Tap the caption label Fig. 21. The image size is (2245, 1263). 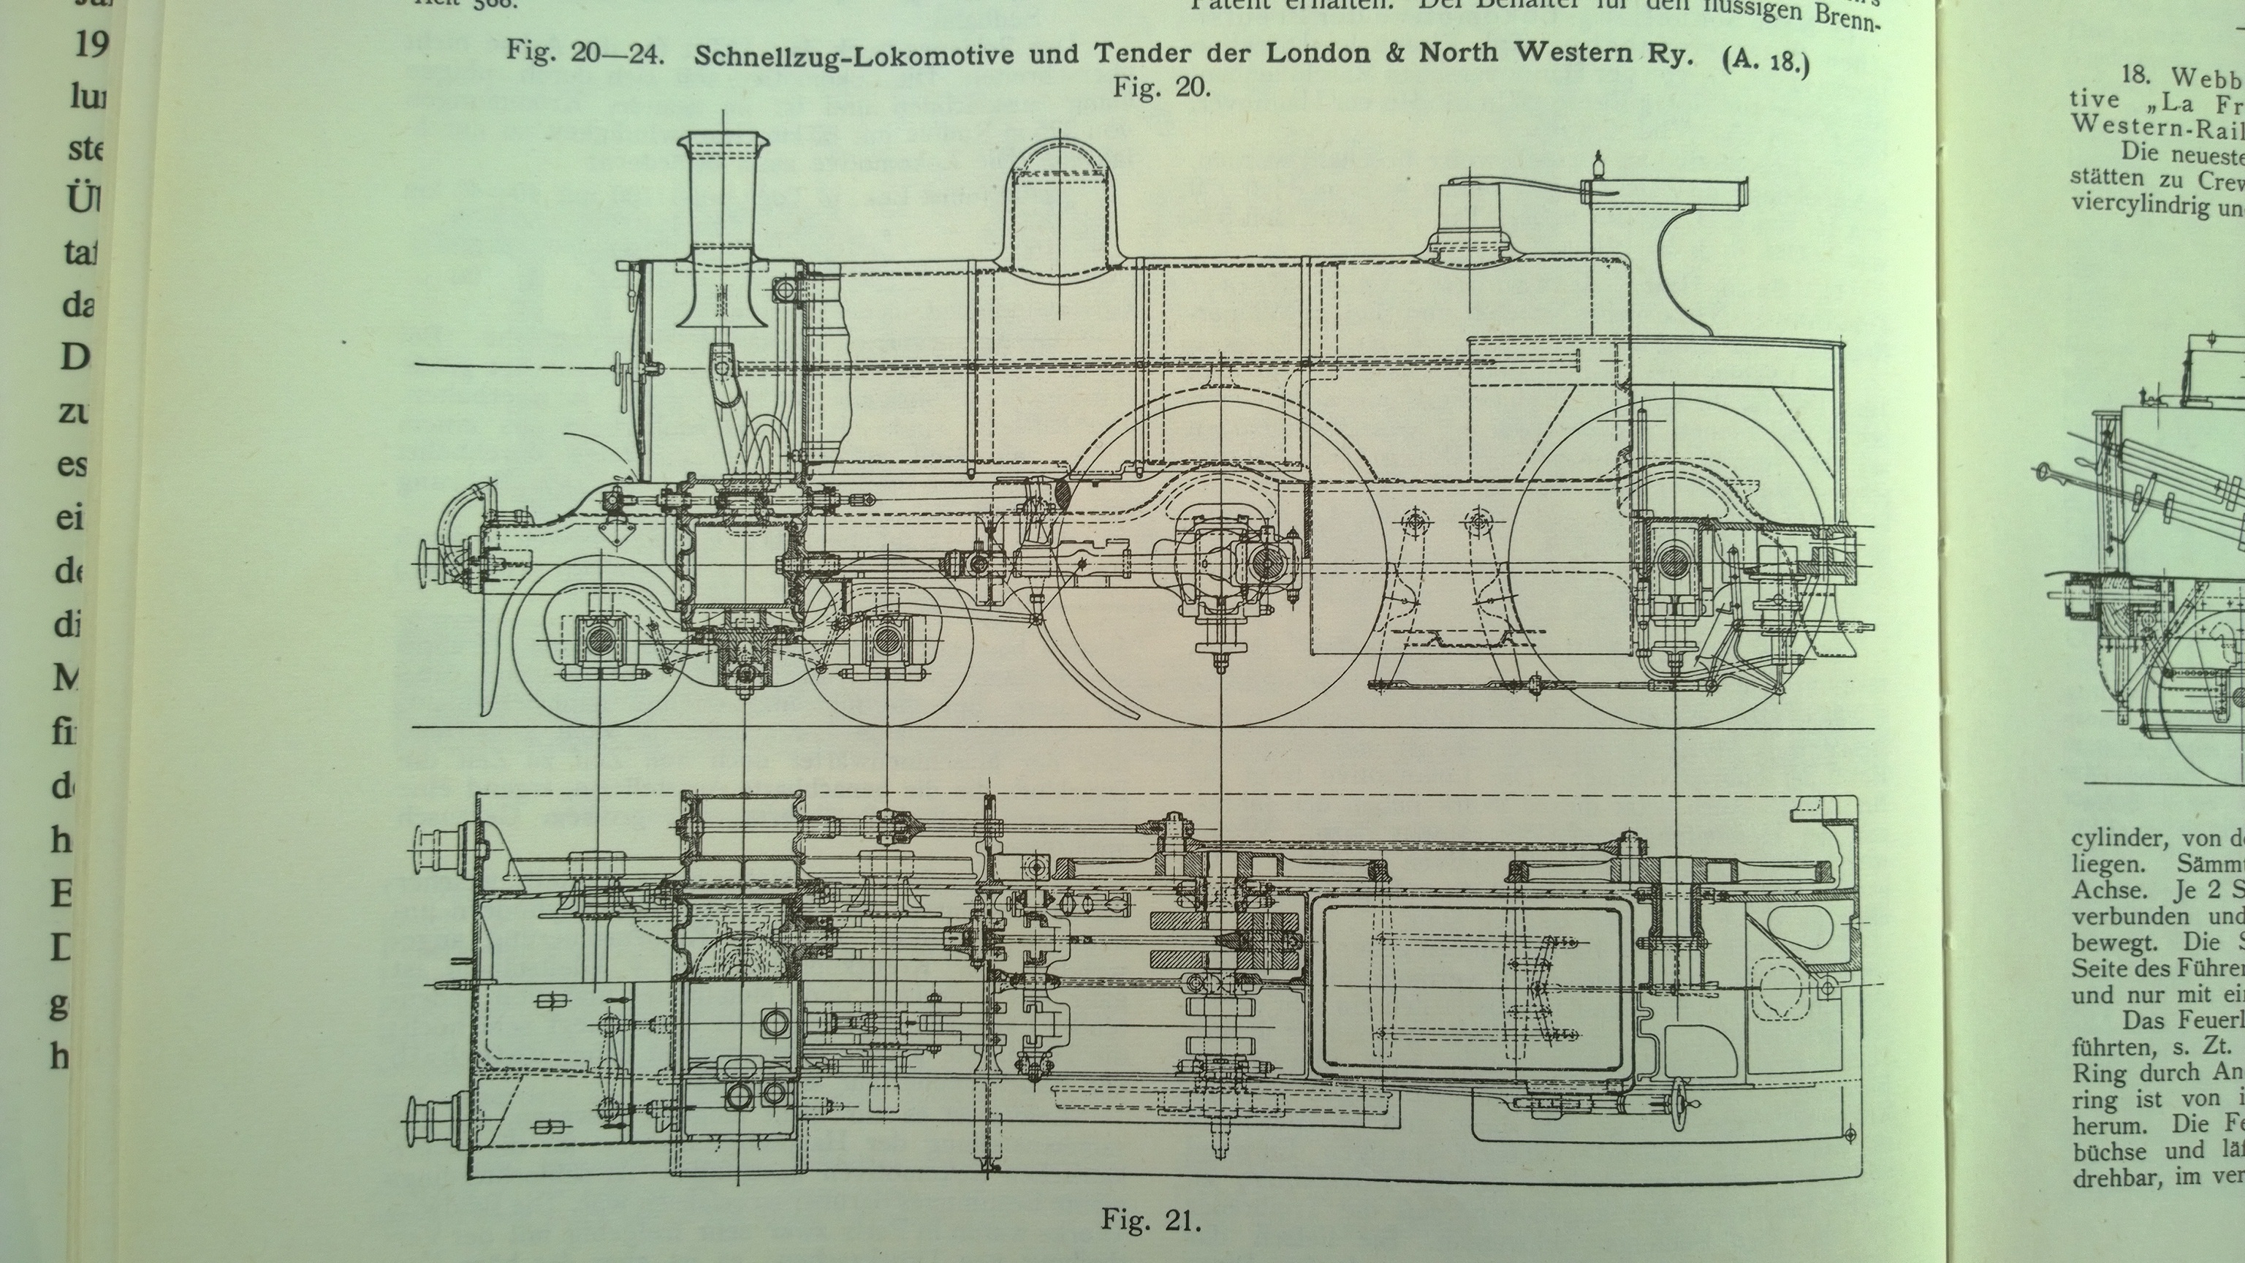1150,1218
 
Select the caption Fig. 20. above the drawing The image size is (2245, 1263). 1162,88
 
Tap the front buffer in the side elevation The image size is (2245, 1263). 430,563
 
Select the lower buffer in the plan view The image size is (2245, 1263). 431,1122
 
